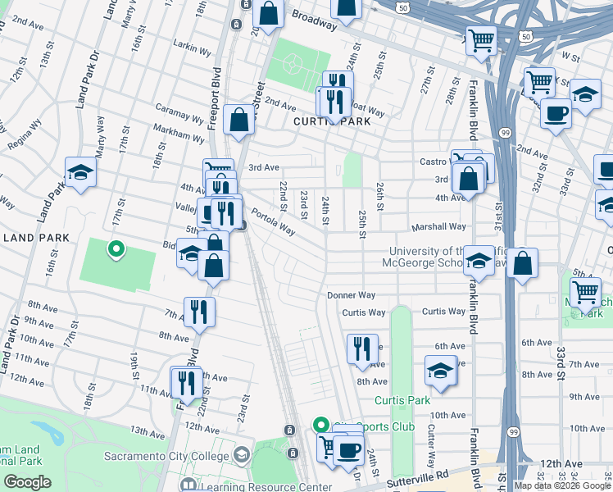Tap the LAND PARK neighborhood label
[x=29, y=238]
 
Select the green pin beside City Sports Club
[x=320, y=426]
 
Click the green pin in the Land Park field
[x=116, y=248]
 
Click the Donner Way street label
[x=351, y=295]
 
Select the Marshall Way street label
[x=439, y=227]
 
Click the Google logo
[x=27, y=482]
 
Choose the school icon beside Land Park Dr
[x=80, y=172]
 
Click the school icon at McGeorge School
[x=478, y=262]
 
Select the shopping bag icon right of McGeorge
[x=522, y=263]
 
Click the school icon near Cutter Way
[x=440, y=370]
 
